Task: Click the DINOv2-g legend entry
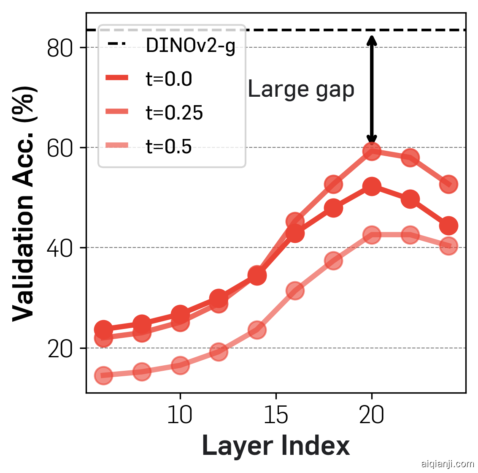coord(190,46)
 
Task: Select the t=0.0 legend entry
coord(169,79)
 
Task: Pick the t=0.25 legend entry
coord(174,113)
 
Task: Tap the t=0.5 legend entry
coord(169,147)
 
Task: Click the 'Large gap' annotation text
coord(301,90)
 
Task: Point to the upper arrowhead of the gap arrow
coord(372,39)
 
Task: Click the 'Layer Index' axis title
coord(276,446)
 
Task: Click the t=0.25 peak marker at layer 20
coord(372,151)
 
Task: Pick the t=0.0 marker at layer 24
coord(448,226)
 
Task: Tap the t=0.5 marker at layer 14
coord(257,329)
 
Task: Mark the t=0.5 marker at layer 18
coord(333,261)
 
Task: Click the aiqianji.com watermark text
coord(448,464)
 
